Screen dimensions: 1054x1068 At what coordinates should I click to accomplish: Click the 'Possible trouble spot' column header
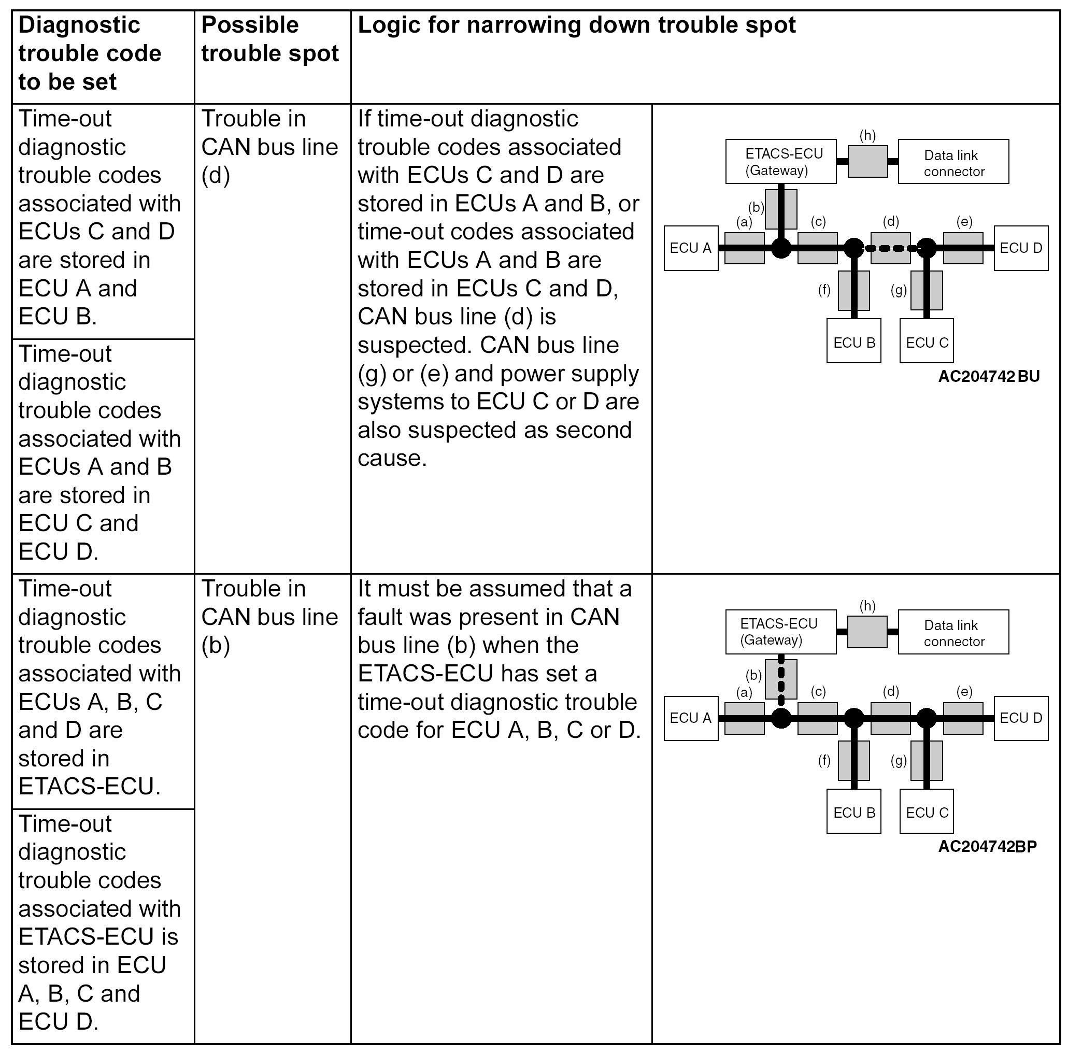pyautogui.click(x=270, y=39)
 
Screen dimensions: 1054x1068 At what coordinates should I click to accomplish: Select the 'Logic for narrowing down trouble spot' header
pyautogui.click(x=576, y=25)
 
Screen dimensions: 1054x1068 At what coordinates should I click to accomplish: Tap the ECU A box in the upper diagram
pyautogui.click(x=690, y=248)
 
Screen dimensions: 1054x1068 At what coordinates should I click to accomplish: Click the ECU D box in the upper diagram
pyautogui.click(x=1020, y=248)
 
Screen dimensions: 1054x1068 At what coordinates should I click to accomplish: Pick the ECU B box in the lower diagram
pyautogui.click(x=853, y=813)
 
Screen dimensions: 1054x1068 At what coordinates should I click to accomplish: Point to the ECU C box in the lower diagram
pyautogui.click(x=927, y=813)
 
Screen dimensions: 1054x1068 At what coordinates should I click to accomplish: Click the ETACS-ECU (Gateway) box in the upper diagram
pyautogui.click(x=780, y=161)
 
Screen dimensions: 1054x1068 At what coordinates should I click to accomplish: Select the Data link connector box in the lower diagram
pyautogui.click(x=953, y=633)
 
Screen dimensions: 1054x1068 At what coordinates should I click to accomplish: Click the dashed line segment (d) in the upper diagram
pyautogui.click(x=890, y=248)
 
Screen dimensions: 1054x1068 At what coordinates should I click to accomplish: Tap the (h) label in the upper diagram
pyautogui.click(x=867, y=135)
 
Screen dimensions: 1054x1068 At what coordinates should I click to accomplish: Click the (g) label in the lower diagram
pyautogui.click(x=899, y=761)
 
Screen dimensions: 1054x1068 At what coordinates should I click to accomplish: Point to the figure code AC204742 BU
pyautogui.click(x=988, y=376)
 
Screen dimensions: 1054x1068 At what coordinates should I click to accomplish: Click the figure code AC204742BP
pyautogui.click(x=987, y=847)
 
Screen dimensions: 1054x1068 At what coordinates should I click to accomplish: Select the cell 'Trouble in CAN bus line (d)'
pyautogui.click(x=270, y=147)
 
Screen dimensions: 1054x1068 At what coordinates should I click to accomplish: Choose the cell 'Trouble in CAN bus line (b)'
pyautogui.click(x=270, y=617)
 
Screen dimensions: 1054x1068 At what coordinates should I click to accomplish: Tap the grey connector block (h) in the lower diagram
pyautogui.click(x=867, y=632)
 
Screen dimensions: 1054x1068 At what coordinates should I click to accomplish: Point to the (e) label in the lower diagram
pyautogui.click(x=964, y=691)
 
